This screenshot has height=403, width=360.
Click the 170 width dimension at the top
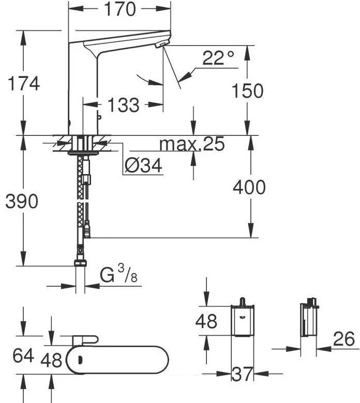point(120,9)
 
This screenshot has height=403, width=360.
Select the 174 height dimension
point(24,84)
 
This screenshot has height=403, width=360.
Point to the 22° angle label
point(218,58)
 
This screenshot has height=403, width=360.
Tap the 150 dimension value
point(248,91)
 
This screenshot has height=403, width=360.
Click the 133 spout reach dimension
point(123,105)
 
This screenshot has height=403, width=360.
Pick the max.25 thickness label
point(192,144)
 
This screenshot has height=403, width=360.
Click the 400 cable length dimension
point(249,187)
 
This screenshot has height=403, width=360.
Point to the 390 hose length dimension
point(22,201)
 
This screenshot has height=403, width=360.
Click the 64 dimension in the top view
point(23,355)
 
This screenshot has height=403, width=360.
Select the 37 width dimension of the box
point(242,374)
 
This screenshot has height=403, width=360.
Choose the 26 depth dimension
point(344,339)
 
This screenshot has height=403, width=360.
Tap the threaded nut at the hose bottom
point(81,263)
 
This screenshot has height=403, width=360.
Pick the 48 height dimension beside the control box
point(206,321)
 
